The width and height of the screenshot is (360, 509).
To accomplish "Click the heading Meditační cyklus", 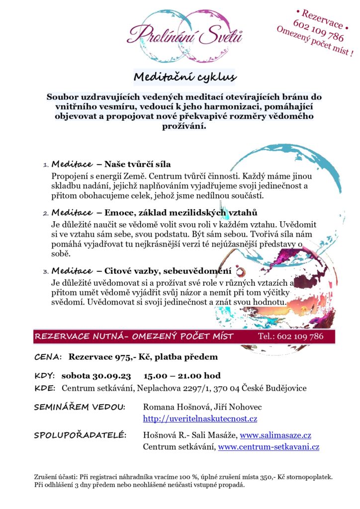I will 184,77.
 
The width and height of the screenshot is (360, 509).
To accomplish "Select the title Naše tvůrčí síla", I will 138,164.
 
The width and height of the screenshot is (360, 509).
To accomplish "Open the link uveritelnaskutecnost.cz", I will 200,419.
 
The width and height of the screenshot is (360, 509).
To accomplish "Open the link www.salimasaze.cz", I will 275,435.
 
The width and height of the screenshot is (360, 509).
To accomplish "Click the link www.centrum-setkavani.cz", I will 269,447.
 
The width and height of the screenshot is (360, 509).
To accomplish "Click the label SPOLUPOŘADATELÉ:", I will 80,435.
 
